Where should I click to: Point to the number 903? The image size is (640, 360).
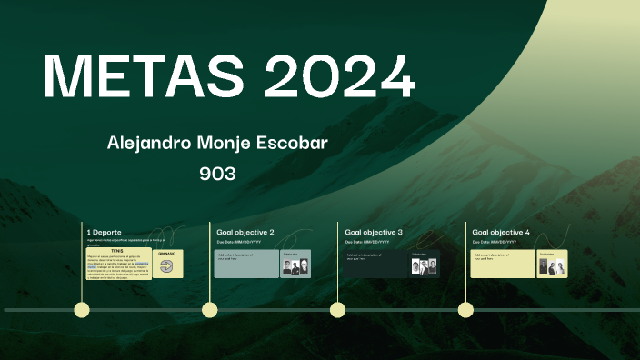(217, 173)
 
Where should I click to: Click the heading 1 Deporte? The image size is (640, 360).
(105, 233)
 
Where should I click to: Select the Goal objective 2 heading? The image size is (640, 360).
(245, 233)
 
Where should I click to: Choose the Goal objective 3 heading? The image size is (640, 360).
(374, 233)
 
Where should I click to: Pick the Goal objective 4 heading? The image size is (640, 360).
(501, 233)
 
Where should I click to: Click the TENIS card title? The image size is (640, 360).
(117, 251)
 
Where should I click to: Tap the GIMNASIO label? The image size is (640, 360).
(167, 254)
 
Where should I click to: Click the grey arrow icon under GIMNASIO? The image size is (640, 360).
(167, 266)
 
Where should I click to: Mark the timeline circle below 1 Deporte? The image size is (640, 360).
(82, 310)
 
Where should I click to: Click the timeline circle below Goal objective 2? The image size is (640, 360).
(210, 310)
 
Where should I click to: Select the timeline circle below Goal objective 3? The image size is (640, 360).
(338, 310)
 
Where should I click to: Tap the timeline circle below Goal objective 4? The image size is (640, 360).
(466, 310)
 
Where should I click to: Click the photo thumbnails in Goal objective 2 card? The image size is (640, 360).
(295, 266)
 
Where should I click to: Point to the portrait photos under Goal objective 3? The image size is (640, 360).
(424, 266)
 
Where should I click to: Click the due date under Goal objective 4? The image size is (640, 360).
(495, 243)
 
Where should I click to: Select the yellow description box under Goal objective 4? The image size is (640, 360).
(503, 264)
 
